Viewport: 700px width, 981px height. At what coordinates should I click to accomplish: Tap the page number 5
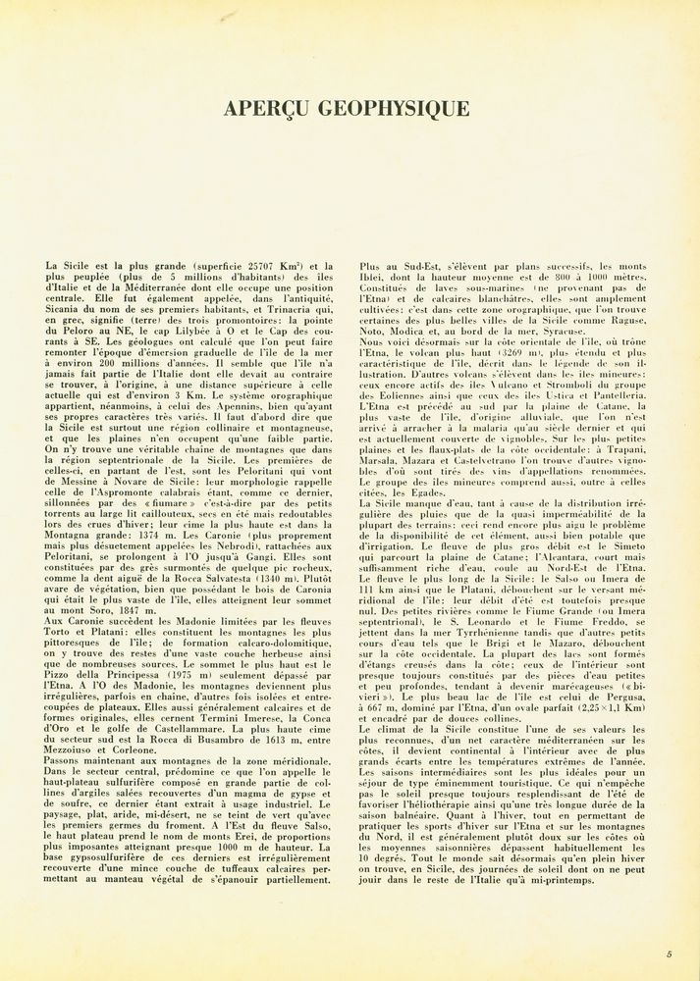click(x=669, y=954)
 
